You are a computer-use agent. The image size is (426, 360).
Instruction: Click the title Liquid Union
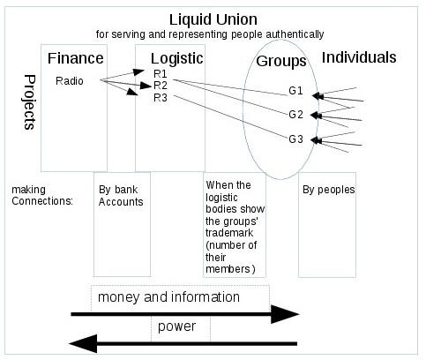pyautogui.click(x=213, y=19)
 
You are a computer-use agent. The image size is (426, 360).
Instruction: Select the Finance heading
pyautogui.click(x=76, y=58)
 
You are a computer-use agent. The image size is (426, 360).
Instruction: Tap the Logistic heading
pyautogui.click(x=177, y=59)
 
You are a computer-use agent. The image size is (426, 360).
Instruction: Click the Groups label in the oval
pyautogui.click(x=281, y=62)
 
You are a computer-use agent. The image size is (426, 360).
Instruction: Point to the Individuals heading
pyautogui.click(x=359, y=57)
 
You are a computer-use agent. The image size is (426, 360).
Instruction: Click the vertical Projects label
pyautogui.click(x=30, y=102)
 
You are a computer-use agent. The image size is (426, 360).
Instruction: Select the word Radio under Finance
pyautogui.click(x=70, y=81)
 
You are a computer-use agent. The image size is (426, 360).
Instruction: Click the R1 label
pyautogui.click(x=161, y=73)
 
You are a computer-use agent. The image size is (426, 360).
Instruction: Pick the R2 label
pyautogui.click(x=161, y=86)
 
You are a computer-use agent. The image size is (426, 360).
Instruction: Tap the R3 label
pyautogui.click(x=161, y=98)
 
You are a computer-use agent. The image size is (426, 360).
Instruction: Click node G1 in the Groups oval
pyautogui.click(x=295, y=91)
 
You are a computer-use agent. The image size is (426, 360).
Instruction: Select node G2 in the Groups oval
pyautogui.click(x=295, y=115)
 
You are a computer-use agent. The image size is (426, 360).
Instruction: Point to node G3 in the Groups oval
pyautogui.click(x=295, y=139)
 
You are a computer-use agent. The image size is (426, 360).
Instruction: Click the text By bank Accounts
pyautogui.click(x=121, y=196)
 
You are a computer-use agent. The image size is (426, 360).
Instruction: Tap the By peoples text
pyautogui.click(x=329, y=190)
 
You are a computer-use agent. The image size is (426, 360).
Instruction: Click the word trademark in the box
pyautogui.click(x=229, y=233)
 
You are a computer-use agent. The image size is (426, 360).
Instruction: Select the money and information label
pyautogui.click(x=168, y=297)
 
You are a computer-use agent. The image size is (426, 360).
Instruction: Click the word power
pyautogui.click(x=176, y=326)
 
